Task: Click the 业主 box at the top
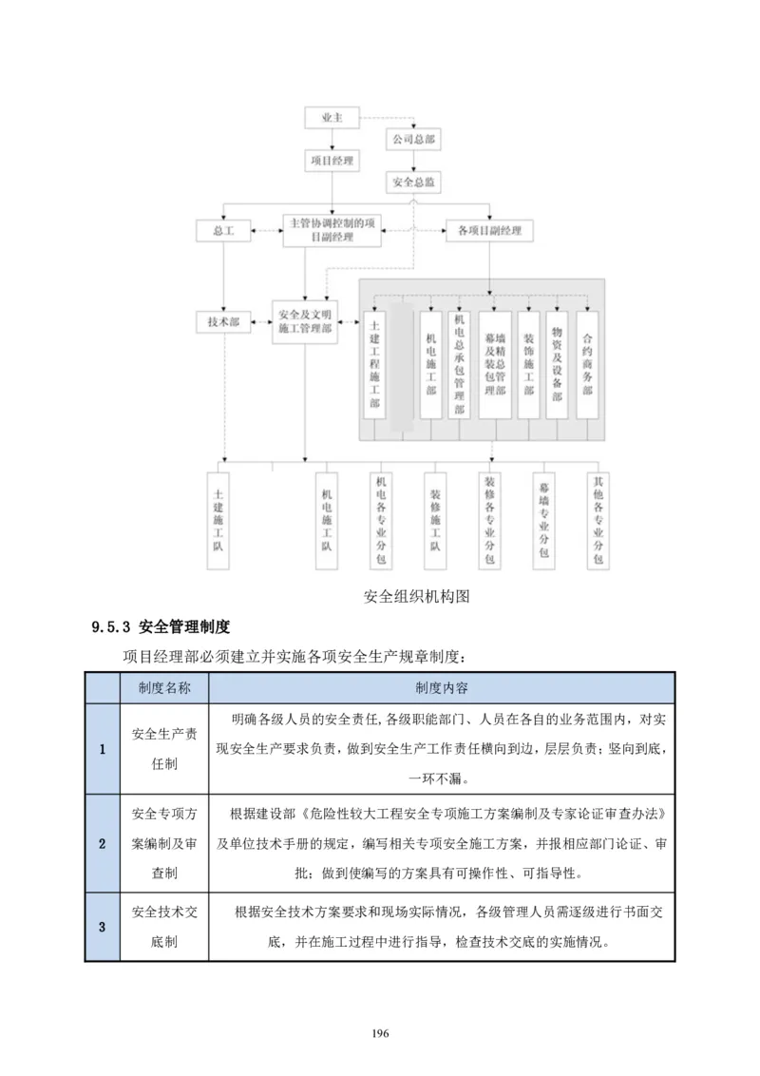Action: point(332,119)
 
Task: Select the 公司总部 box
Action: point(413,140)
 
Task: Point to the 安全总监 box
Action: point(413,181)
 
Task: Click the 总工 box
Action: point(222,231)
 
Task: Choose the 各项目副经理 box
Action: point(489,231)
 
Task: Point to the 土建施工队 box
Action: point(218,520)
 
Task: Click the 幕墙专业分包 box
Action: point(543,520)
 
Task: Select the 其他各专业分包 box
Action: point(598,520)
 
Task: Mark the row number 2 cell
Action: point(103,842)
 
